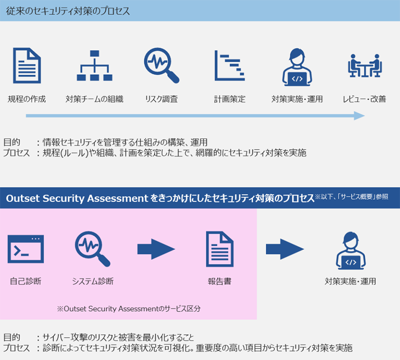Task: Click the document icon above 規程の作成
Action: pos(27,66)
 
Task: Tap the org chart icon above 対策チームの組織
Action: pos(95,66)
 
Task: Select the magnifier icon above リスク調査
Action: pos(161,65)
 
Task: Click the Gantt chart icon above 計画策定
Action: pos(230,66)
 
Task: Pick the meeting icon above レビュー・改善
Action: pos(365,65)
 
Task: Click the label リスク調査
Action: pos(161,99)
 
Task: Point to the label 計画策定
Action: pos(230,99)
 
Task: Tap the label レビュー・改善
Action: pos(364,99)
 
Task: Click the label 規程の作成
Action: pos(27,99)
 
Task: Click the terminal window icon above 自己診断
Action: pos(26,249)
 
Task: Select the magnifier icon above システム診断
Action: pos(92,249)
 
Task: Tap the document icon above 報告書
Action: pos(220,249)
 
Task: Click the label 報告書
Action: pos(220,281)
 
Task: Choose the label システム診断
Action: pos(93,281)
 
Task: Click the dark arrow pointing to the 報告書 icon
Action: pos(156,249)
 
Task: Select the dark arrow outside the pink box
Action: pos(285,249)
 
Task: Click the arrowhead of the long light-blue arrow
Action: pos(360,116)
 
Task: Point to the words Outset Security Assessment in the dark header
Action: pos(77,198)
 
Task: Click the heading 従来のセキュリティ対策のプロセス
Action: pos(68,11)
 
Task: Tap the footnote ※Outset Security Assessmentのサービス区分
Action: pos(129,309)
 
